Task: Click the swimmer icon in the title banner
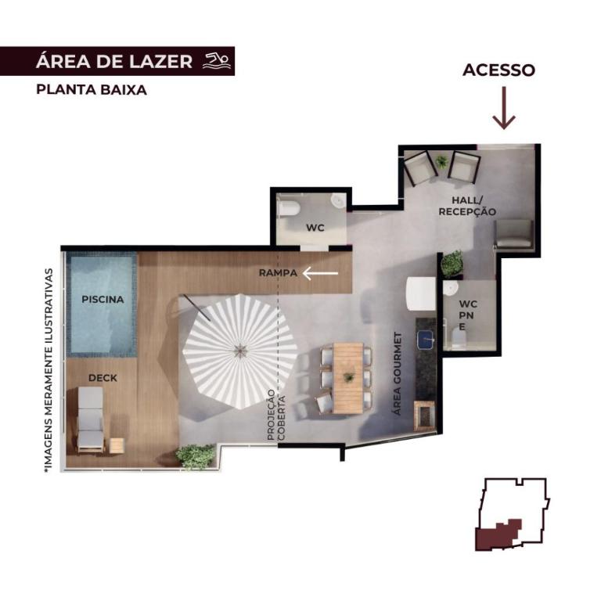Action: click(x=217, y=61)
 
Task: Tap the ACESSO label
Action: click(x=498, y=70)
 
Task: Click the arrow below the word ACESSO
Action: click(x=504, y=108)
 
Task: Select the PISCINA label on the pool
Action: click(x=103, y=300)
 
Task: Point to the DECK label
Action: click(x=103, y=378)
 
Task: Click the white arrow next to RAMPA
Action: click(x=320, y=273)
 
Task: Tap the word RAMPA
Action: click(x=279, y=273)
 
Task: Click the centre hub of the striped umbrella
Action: click(x=240, y=350)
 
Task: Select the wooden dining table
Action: click(x=348, y=378)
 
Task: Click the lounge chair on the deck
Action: click(x=91, y=419)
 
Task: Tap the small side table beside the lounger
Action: click(x=117, y=445)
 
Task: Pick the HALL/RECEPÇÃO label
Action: click(x=467, y=206)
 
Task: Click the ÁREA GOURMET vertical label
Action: click(x=398, y=373)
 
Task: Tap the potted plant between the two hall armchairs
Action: click(x=442, y=161)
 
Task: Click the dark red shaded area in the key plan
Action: click(x=498, y=536)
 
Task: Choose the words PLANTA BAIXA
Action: click(x=92, y=90)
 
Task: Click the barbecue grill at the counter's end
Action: click(x=424, y=416)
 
